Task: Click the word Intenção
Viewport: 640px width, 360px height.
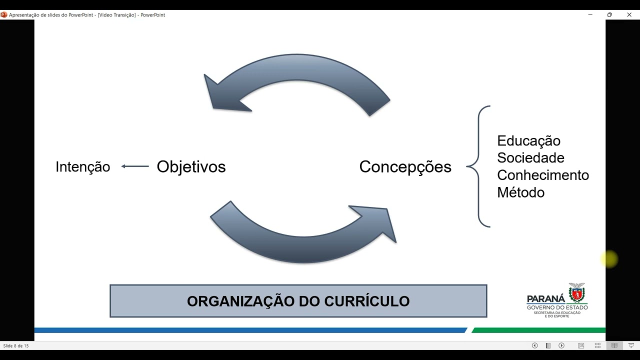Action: pyautogui.click(x=82, y=167)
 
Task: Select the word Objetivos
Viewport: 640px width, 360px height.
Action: pyautogui.click(x=191, y=166)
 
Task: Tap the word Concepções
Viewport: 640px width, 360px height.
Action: pyautogui.click(x=405, y=166)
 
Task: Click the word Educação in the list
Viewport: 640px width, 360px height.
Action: pyautogui.click(x=528, y=141)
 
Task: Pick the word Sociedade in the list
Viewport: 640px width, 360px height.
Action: pyautogui.click(x=530, y=158)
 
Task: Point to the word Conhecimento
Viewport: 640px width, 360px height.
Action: pyautogui.click(x=543, y=175)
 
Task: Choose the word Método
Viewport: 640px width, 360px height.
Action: pyautogui.click(x=520, y=192)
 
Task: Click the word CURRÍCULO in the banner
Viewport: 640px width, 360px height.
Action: pyautogui.click(x=367, y=301)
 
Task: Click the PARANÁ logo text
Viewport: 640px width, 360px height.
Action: pyautogui.click(x=546, y=298)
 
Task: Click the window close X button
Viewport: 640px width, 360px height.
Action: pyautogui.click(x=629, y=15)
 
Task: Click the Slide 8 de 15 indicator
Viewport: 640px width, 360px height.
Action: pyautogui.click(x=16, y=345)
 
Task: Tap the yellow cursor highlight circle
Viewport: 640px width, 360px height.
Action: pyautogui.click(x=609, y=259)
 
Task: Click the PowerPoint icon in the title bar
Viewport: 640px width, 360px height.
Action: pyautogui.click(x=4, y=15)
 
